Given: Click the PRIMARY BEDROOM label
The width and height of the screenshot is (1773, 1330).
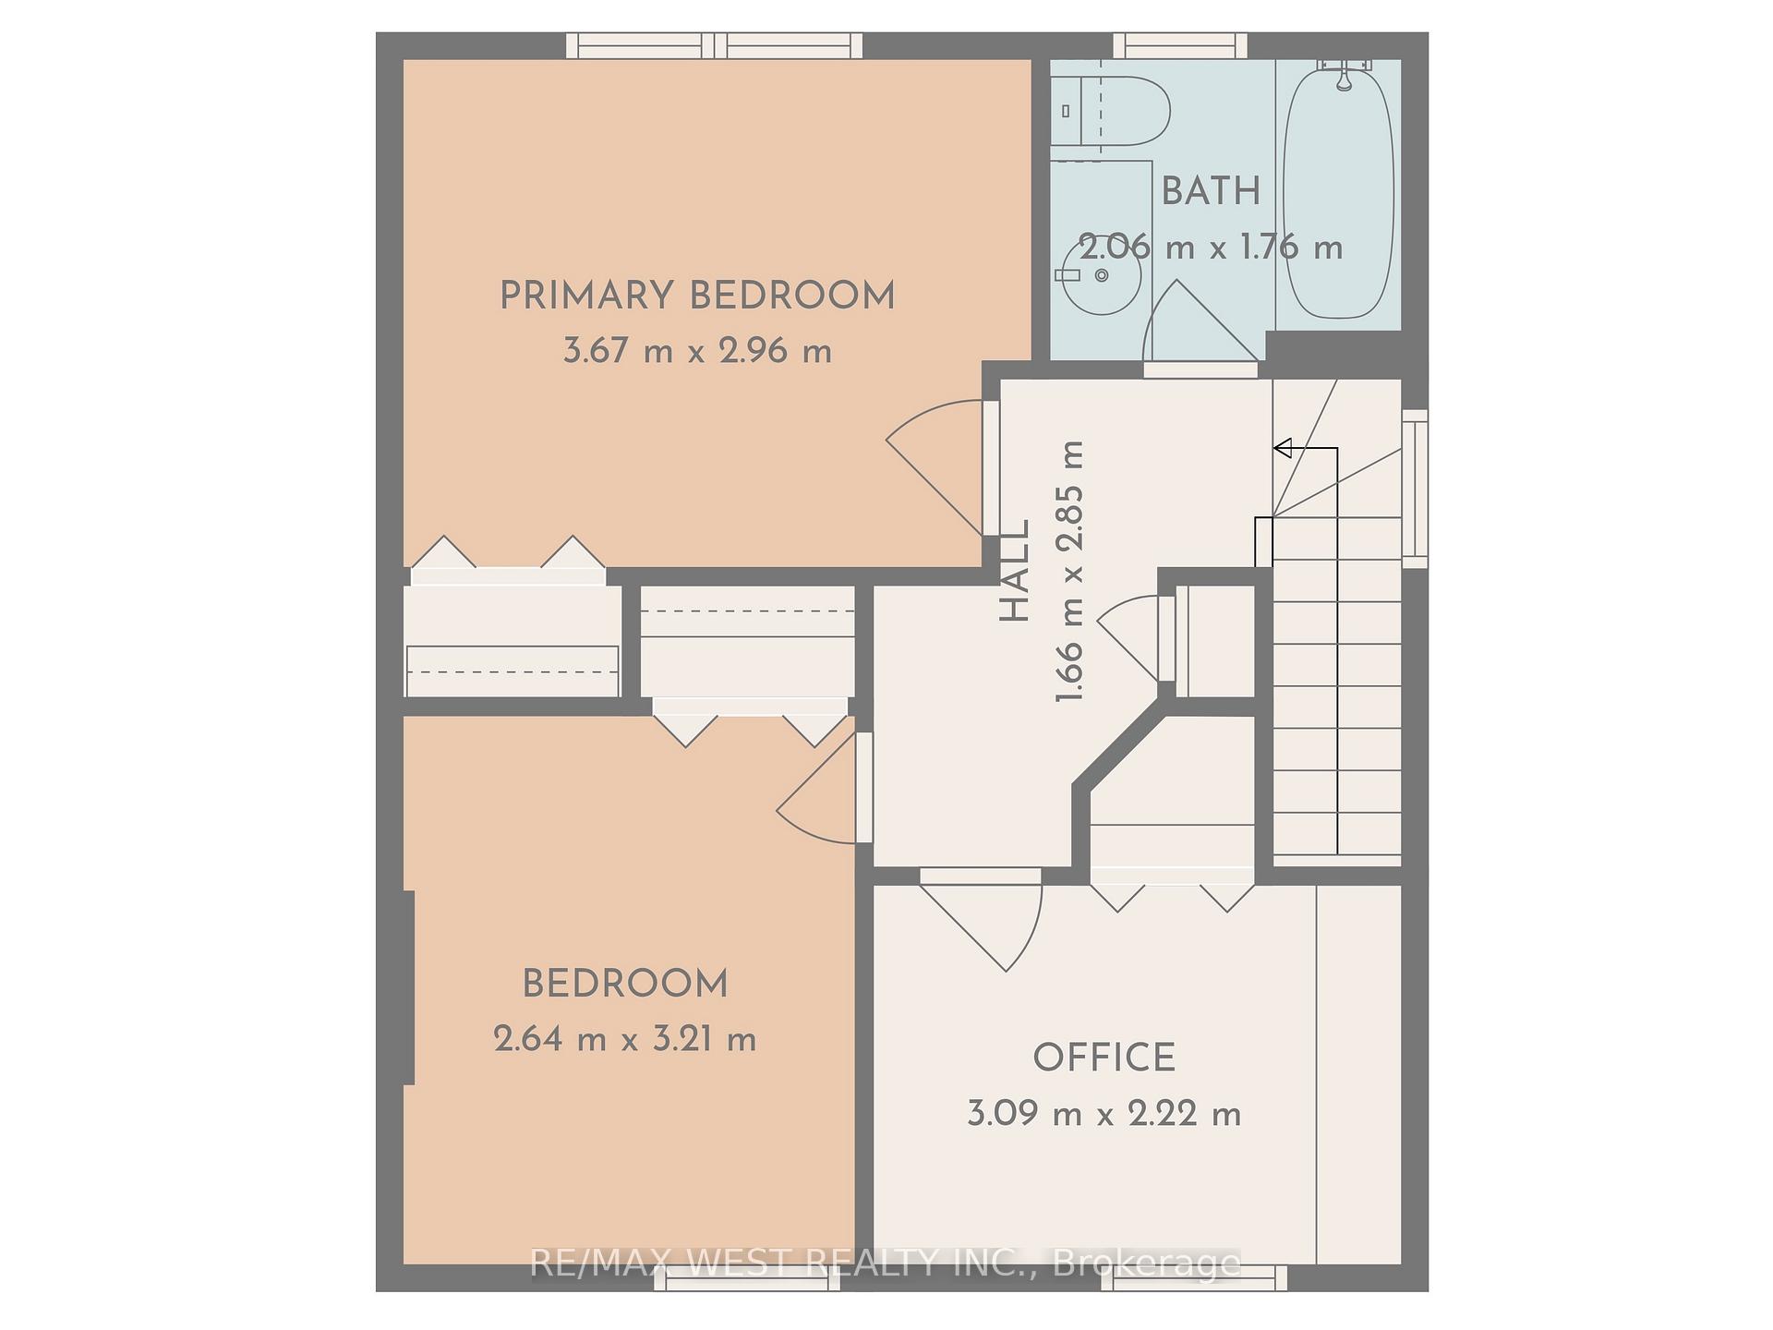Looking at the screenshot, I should [x=697, y=296].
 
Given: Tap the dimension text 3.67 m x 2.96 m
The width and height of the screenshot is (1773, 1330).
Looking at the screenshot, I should [x=697, y=352].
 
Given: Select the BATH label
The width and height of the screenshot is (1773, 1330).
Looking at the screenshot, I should [x=1211, y=192].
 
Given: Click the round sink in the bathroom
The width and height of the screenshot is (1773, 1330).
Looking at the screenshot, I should [x=1101, y=275].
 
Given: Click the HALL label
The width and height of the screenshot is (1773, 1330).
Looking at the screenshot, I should [x=1016, y=571].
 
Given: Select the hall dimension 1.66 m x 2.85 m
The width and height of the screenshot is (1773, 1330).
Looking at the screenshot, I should [x=1070, y=571].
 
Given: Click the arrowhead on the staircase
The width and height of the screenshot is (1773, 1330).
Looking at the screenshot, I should [x=1283, y=449].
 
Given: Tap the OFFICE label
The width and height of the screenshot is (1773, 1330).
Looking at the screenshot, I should [x=1104, y=1058].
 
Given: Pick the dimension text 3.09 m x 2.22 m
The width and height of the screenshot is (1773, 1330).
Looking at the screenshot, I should [x=1104, y=1114].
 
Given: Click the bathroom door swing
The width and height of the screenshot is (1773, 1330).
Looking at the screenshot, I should [x=1196, y=323].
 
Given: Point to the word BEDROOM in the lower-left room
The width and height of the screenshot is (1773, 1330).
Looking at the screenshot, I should [x=625, y=985].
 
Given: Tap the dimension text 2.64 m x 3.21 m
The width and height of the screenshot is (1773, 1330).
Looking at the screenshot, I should [x=625, y=1040].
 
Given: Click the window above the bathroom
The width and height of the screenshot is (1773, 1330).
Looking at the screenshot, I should [x=1179, y=45].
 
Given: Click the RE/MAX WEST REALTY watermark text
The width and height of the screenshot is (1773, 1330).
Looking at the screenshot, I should [x=885, y=1263].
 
